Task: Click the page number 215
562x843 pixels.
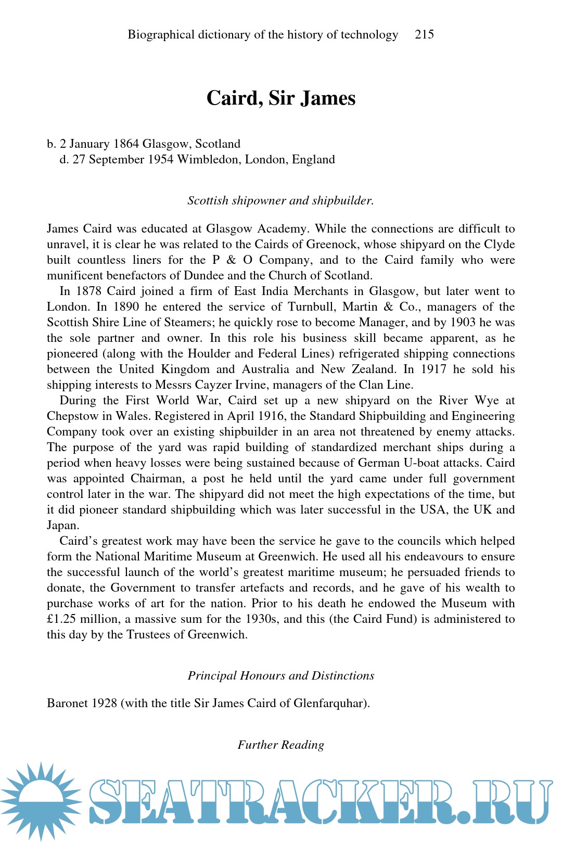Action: [424, 35]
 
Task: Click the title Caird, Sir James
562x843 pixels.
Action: [281, 98]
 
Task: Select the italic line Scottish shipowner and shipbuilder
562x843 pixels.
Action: [281, 201]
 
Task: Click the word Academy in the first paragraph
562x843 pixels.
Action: [281, 229]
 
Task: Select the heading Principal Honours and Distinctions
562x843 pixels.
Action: [281, 676]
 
